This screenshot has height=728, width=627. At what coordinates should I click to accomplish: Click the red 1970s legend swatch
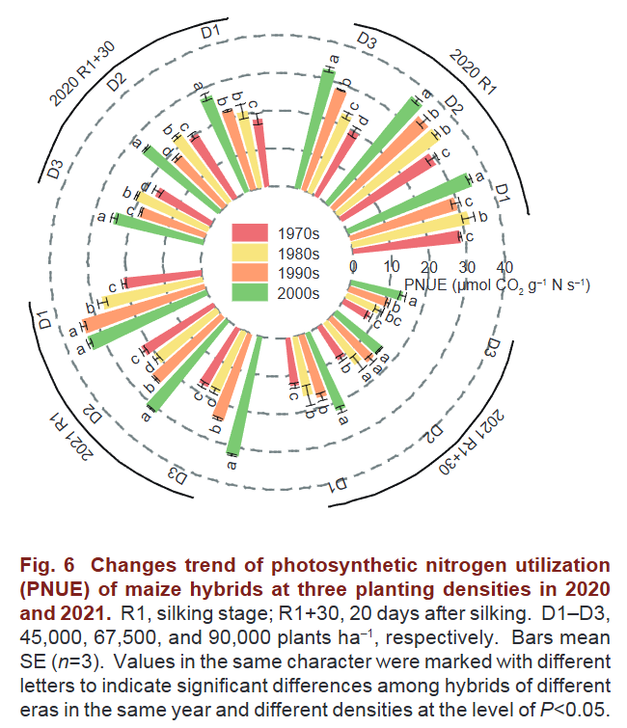click(250, 232)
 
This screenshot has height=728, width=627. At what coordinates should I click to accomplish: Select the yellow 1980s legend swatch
click(250, 254)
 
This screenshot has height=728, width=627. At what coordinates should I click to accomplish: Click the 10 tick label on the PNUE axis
click(391, 267)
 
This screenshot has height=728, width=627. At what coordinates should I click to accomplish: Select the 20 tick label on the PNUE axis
click(428, 267)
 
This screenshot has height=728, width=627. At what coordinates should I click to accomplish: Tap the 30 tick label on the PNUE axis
click(466, 267)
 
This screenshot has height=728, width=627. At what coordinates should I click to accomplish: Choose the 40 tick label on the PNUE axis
click(504, 267)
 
